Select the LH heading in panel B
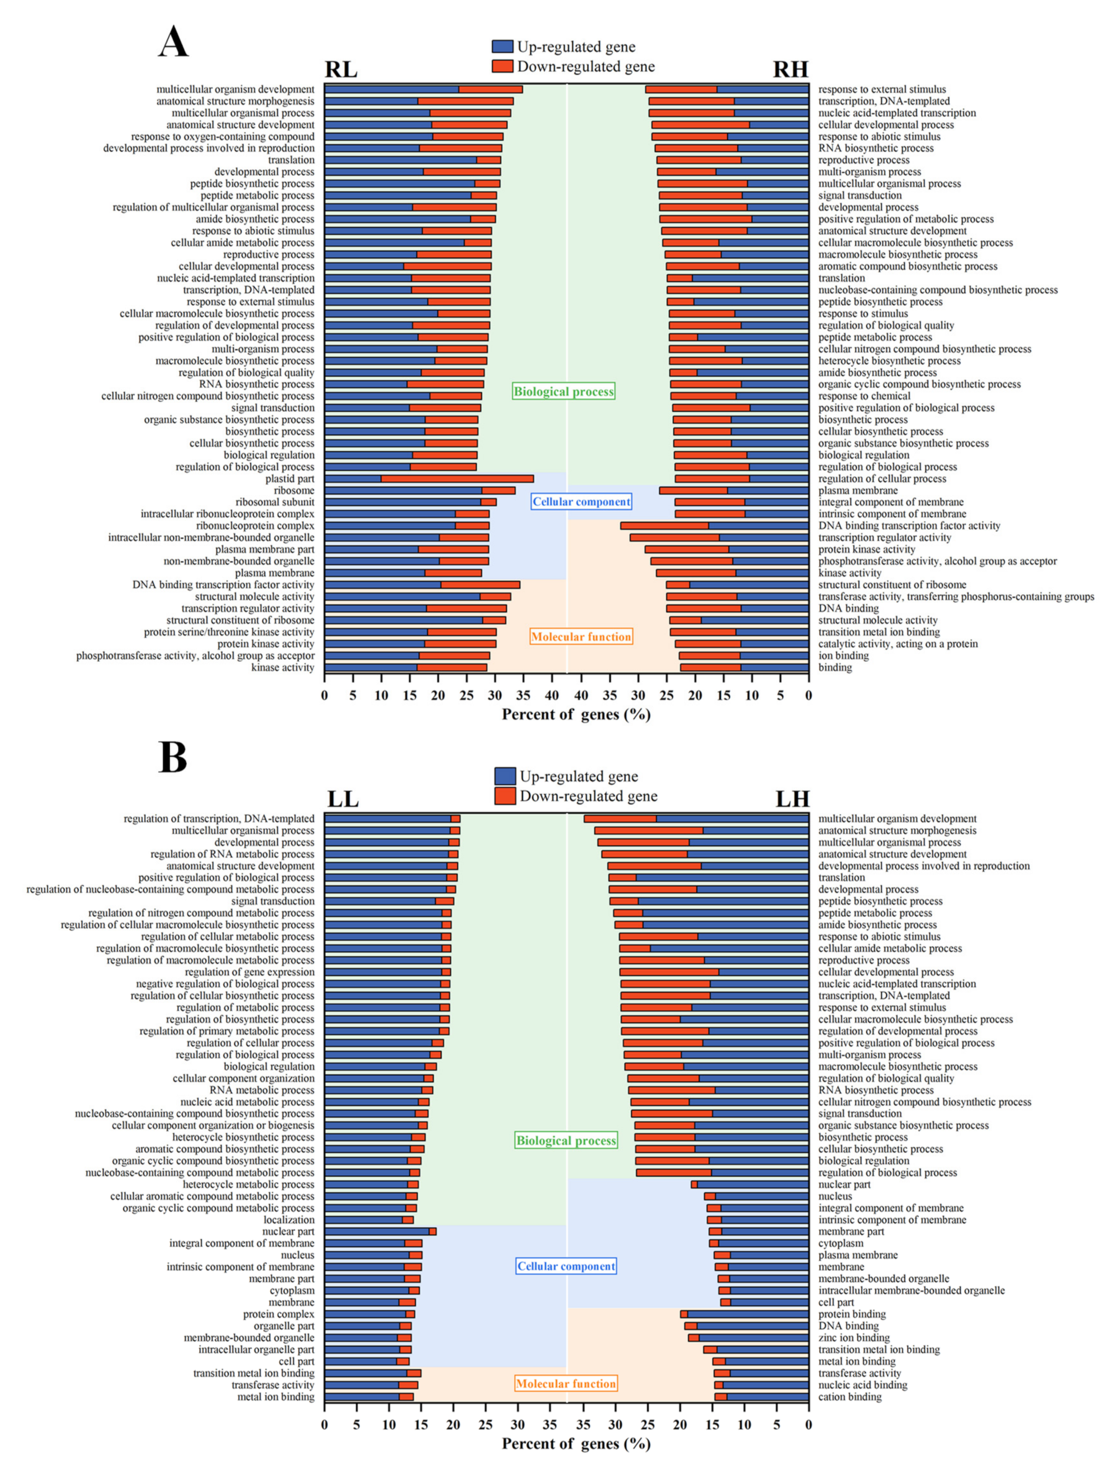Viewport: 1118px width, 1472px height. [x=792, y=799]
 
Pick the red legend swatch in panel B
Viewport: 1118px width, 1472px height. [x=505, y=796]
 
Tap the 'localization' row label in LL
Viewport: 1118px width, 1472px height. [x=289, y=1220]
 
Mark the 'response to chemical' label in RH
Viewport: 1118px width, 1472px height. [x=864, y=396]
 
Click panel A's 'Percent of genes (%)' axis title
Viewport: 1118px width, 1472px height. [x=576, y=715]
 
